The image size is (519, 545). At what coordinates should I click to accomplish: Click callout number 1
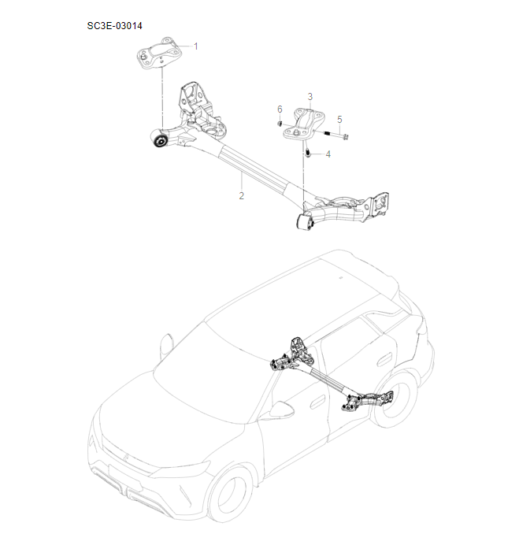click(196, 46)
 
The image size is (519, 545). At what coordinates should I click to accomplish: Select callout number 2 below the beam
click(242, 195)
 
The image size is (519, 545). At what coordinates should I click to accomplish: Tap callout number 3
click(310, 96)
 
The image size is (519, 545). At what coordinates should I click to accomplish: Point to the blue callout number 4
click(328, 154)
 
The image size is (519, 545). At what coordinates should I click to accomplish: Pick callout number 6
click(279, 108)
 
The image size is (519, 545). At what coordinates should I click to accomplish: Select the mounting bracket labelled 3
click(303, 124)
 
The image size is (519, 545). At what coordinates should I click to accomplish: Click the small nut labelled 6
click(280, 124)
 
